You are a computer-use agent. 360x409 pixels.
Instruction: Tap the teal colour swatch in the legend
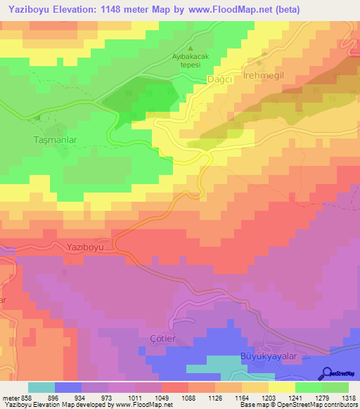[x=41, y=387]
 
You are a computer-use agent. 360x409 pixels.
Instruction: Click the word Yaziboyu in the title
[x=27, y=10]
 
